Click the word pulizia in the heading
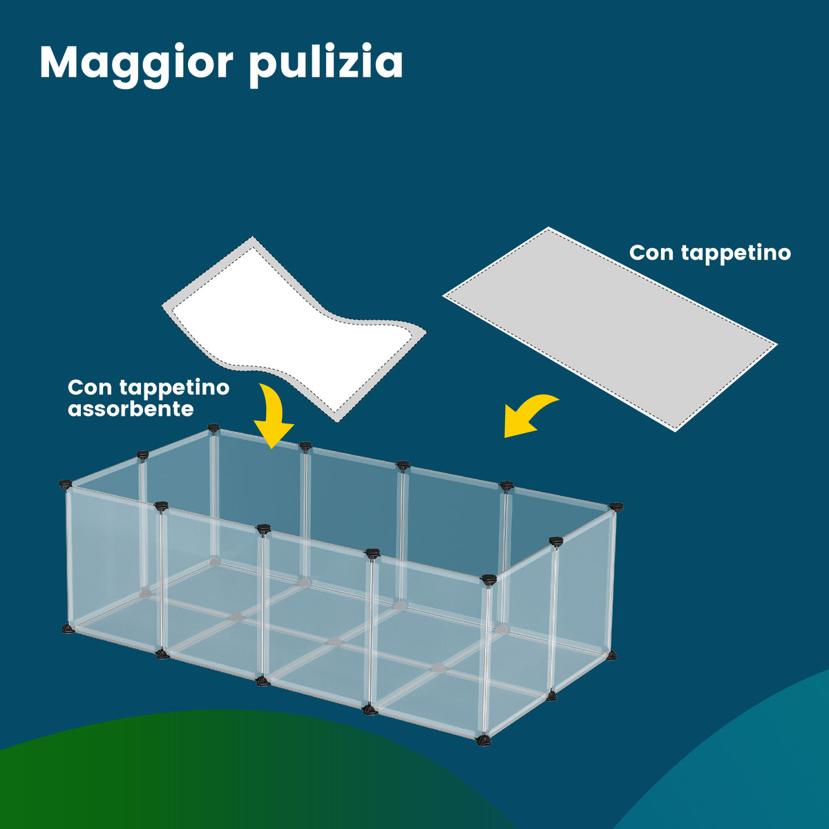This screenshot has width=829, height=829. click(325, 64)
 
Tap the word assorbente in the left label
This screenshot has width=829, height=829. click(131, 409)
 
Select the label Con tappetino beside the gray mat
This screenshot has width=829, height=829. click(709, 253)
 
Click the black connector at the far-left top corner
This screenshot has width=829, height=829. click(66, 485)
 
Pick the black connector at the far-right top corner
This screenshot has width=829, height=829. click(616, 508)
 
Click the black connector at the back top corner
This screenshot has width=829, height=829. click(213, 430)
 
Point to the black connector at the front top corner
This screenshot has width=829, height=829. click(489, 579)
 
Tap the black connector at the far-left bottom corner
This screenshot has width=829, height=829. click(68, 629)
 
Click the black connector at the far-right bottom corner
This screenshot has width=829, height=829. click(611, 655)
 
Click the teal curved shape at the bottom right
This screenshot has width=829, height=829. click(746, 767)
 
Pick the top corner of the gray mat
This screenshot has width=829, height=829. click(549, 229)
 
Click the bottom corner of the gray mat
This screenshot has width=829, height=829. click(674, 430)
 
